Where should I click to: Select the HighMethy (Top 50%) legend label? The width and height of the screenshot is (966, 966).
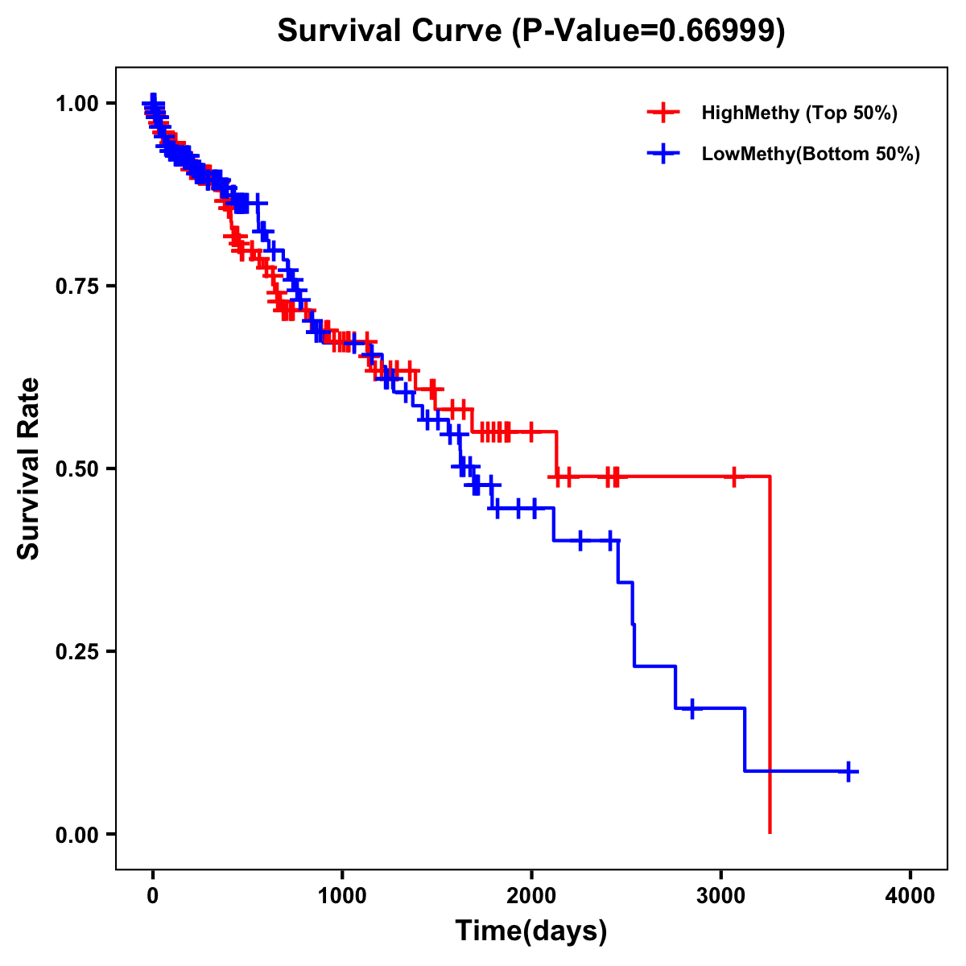(799, 113)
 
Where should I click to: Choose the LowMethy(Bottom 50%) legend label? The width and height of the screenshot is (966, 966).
(811, 154)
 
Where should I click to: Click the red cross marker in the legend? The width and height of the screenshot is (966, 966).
(663, 113)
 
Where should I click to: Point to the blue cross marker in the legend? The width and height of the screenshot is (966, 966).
(663, 154)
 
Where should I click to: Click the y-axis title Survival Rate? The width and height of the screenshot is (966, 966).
(29, 469)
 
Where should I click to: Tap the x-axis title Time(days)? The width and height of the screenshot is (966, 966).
(531, 931)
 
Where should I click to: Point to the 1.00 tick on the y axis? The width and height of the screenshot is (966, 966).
(76, 104)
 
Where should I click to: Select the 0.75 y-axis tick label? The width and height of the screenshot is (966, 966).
(76, 287)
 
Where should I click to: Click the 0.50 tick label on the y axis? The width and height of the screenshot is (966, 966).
(76, 469)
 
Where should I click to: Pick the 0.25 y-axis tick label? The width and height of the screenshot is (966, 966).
(76, 652)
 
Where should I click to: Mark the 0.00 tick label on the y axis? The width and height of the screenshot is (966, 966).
(76, 835)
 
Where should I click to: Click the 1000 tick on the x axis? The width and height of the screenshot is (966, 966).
(342, 896)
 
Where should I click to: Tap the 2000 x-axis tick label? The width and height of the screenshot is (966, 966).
(531, 896)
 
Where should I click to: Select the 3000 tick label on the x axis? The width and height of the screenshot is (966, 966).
(721, 896)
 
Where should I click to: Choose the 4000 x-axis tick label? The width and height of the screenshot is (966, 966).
(910, 896)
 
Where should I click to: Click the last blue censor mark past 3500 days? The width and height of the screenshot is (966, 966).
(848, 771)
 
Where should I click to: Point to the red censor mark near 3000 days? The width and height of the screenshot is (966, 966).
(733, 477)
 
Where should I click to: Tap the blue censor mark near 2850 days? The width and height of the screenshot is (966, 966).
(691, 708)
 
